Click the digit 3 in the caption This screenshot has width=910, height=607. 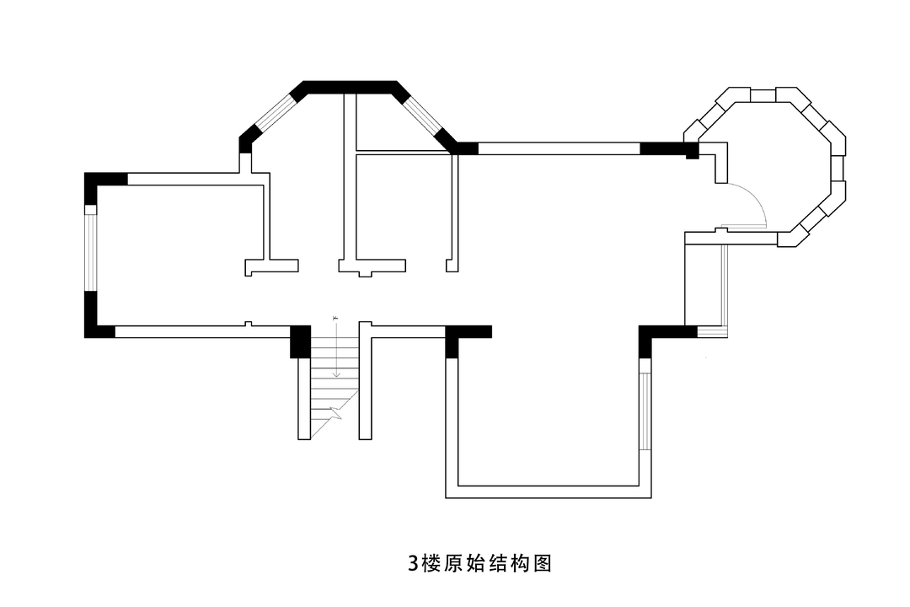[413, 563]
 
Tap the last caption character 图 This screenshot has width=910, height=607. [542, 563]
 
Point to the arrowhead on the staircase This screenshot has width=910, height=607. [336, 373]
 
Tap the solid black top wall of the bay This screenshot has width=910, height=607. [350, 87]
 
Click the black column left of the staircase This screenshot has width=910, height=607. [301, 341]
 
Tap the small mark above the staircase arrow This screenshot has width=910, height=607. [335, 318]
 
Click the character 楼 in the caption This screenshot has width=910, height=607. [432, 563]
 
